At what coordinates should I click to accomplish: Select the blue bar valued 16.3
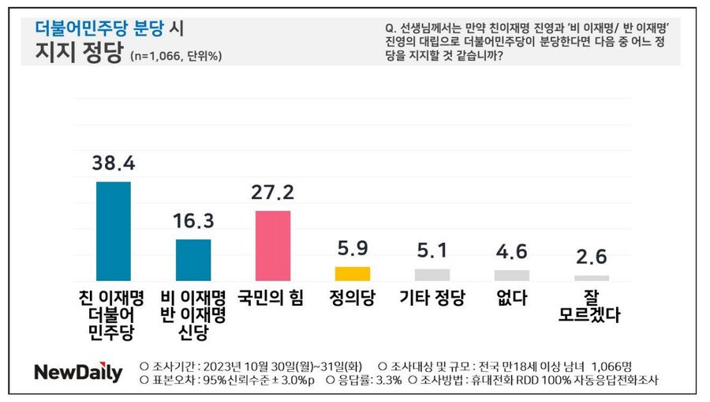[x=193, y=260]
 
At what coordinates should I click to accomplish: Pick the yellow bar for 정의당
[x=353, y=273]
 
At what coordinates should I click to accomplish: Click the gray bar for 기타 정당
[x=432, y=275]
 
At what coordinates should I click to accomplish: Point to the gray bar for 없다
[x=512, y=275]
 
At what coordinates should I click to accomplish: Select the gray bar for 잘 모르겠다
[x=592, y=278]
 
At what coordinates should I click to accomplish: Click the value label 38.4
[x=114, y=163]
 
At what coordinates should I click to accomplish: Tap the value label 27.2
[x=273, y=193]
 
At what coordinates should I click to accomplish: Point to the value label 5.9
[x=353, y=249]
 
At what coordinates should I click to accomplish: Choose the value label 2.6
[x=592, y=257]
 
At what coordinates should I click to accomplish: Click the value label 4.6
[x=512, y=252]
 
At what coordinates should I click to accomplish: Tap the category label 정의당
[x=353, y=299]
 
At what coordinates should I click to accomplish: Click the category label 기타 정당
[x=432, y=299]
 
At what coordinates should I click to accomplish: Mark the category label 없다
[x=512, y=299]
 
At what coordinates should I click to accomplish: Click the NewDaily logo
[x=78, y=373]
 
